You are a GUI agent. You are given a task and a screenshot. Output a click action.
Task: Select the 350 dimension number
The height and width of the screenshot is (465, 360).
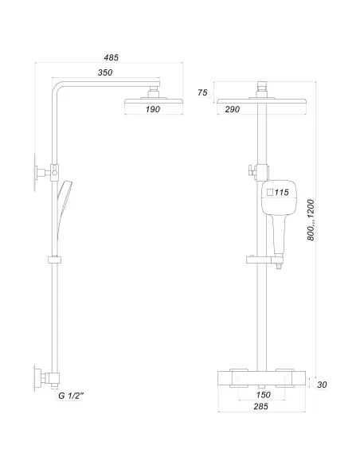click(105, 73)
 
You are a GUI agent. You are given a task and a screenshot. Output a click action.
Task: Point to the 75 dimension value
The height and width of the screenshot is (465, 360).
click(202, 93)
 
